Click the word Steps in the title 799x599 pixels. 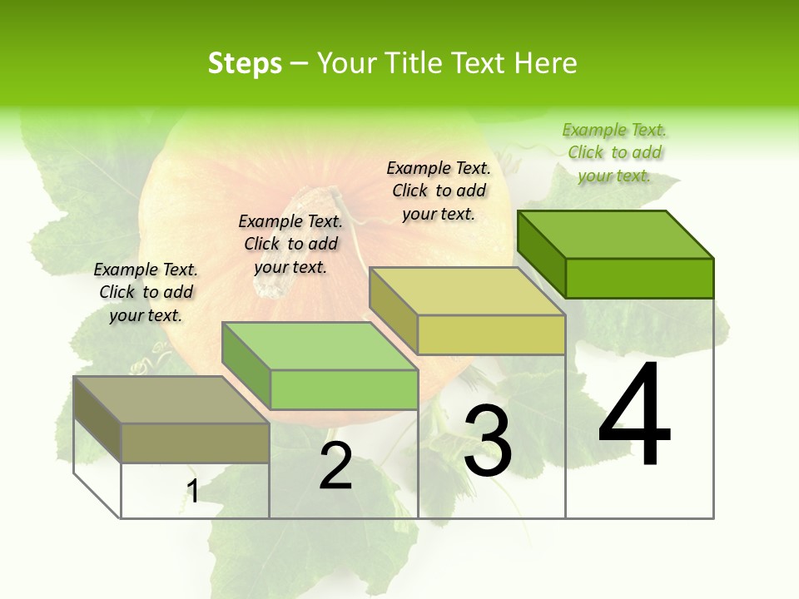point(245,63)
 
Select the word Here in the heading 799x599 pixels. point(545,63)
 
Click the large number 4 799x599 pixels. point(634,416)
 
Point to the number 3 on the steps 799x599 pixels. point(488,441)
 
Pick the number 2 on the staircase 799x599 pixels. point(335,466)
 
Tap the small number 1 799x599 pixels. point(193,492)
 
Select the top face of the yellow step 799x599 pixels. point(467,291)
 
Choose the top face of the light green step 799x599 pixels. point(320,346)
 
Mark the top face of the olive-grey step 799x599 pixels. point(171,400)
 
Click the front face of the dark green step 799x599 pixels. point(639,278)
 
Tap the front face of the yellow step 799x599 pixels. point(491,334)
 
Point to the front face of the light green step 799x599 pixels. point(344,389)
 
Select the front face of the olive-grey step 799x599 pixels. point(195,443)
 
